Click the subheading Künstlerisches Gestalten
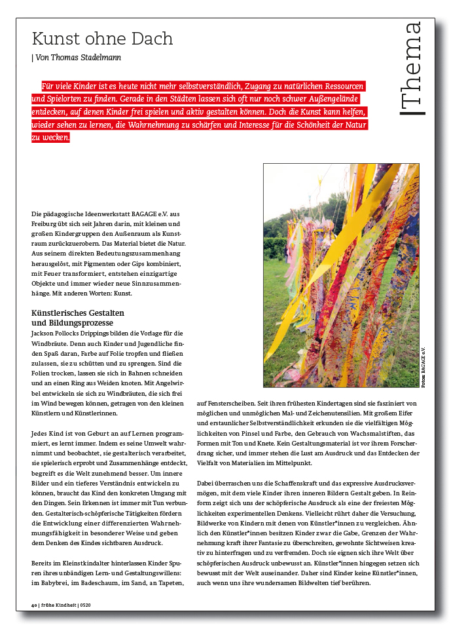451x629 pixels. [x=78, y=313]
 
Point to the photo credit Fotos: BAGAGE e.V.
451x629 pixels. [x=424, y=366]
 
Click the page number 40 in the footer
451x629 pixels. [x=34, y=605]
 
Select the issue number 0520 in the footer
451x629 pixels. [x=85, y=605]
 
